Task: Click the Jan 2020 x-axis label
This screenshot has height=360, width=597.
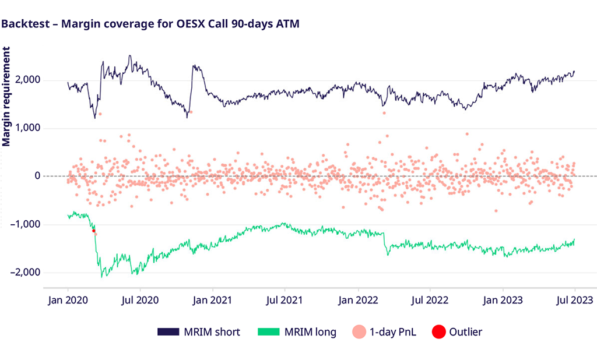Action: point(68,301)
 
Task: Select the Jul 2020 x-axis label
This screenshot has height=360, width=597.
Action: point(140,301)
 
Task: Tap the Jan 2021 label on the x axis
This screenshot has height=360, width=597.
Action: point(213,301)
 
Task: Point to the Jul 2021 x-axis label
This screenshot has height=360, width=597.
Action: point(285,301)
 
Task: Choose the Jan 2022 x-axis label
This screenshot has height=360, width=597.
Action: point(357,301)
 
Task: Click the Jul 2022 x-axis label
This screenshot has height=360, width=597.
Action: point(430,301)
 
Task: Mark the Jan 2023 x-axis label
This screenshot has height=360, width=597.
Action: point(503,301)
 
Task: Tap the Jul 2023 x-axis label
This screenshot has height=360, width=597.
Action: point(575,301)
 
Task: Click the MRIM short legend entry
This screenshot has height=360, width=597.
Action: point(199,332)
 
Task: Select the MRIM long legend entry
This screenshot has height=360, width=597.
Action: point(297,332)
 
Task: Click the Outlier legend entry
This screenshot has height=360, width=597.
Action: point(457,332)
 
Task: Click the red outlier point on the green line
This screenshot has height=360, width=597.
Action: point(93,231)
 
